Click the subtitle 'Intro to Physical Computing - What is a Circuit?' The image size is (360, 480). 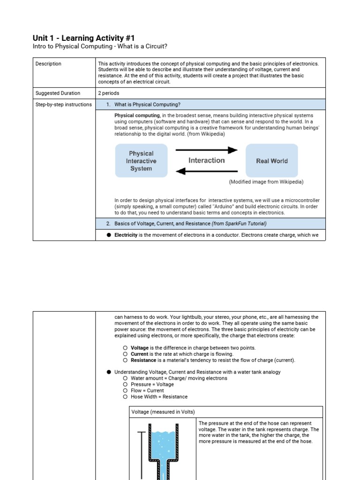coord(100,47)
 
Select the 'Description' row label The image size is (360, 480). coord(48,64)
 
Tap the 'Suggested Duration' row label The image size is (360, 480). coord(58,93)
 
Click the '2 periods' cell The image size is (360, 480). coord(108,93)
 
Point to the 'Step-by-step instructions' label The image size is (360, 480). coord(63,105)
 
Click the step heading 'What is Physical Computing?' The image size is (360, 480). coord(147,105)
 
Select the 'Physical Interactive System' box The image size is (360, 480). coord(141,161)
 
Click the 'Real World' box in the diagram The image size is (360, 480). coord(272,161)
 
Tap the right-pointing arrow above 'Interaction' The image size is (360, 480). coord(206,150)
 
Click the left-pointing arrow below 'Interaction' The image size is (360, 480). coord(206,172)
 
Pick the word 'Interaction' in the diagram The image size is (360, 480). coord(206,160)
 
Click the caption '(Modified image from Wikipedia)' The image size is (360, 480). coord(266,182)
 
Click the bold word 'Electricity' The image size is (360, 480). coord(126,235)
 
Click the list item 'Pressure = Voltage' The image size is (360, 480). coord(152,384)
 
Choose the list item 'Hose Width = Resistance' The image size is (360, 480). coord(159,397)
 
